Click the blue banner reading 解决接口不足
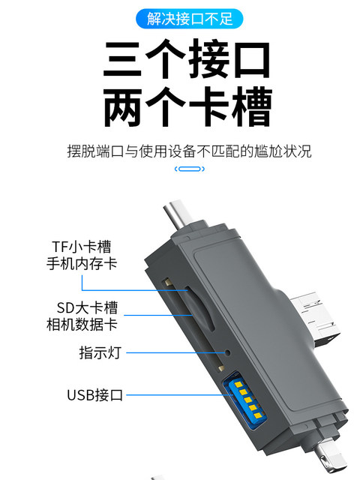point(179,16)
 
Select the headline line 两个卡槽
point(187,108)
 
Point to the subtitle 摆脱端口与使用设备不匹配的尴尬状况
point(187,151)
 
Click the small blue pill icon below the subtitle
point(189,169)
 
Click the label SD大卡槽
point(87,308)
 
